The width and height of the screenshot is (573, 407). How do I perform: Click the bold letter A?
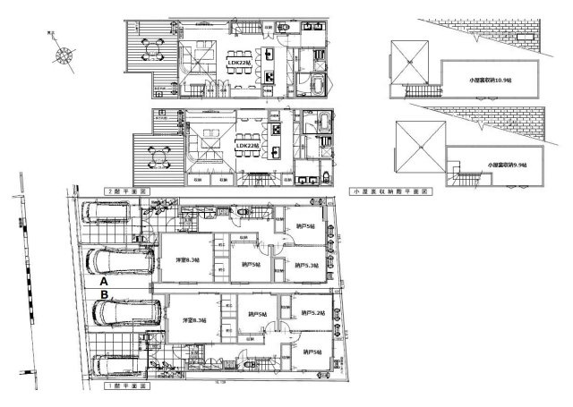(105, 281)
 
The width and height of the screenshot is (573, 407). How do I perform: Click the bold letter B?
(105, 294)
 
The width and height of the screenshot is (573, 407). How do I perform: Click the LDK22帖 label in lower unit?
(245, 146)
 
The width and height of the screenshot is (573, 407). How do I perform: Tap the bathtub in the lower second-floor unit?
(321, 123)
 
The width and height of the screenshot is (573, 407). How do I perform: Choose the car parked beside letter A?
(109, 262)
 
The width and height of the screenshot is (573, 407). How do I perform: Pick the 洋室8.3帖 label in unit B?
(194, 320)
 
